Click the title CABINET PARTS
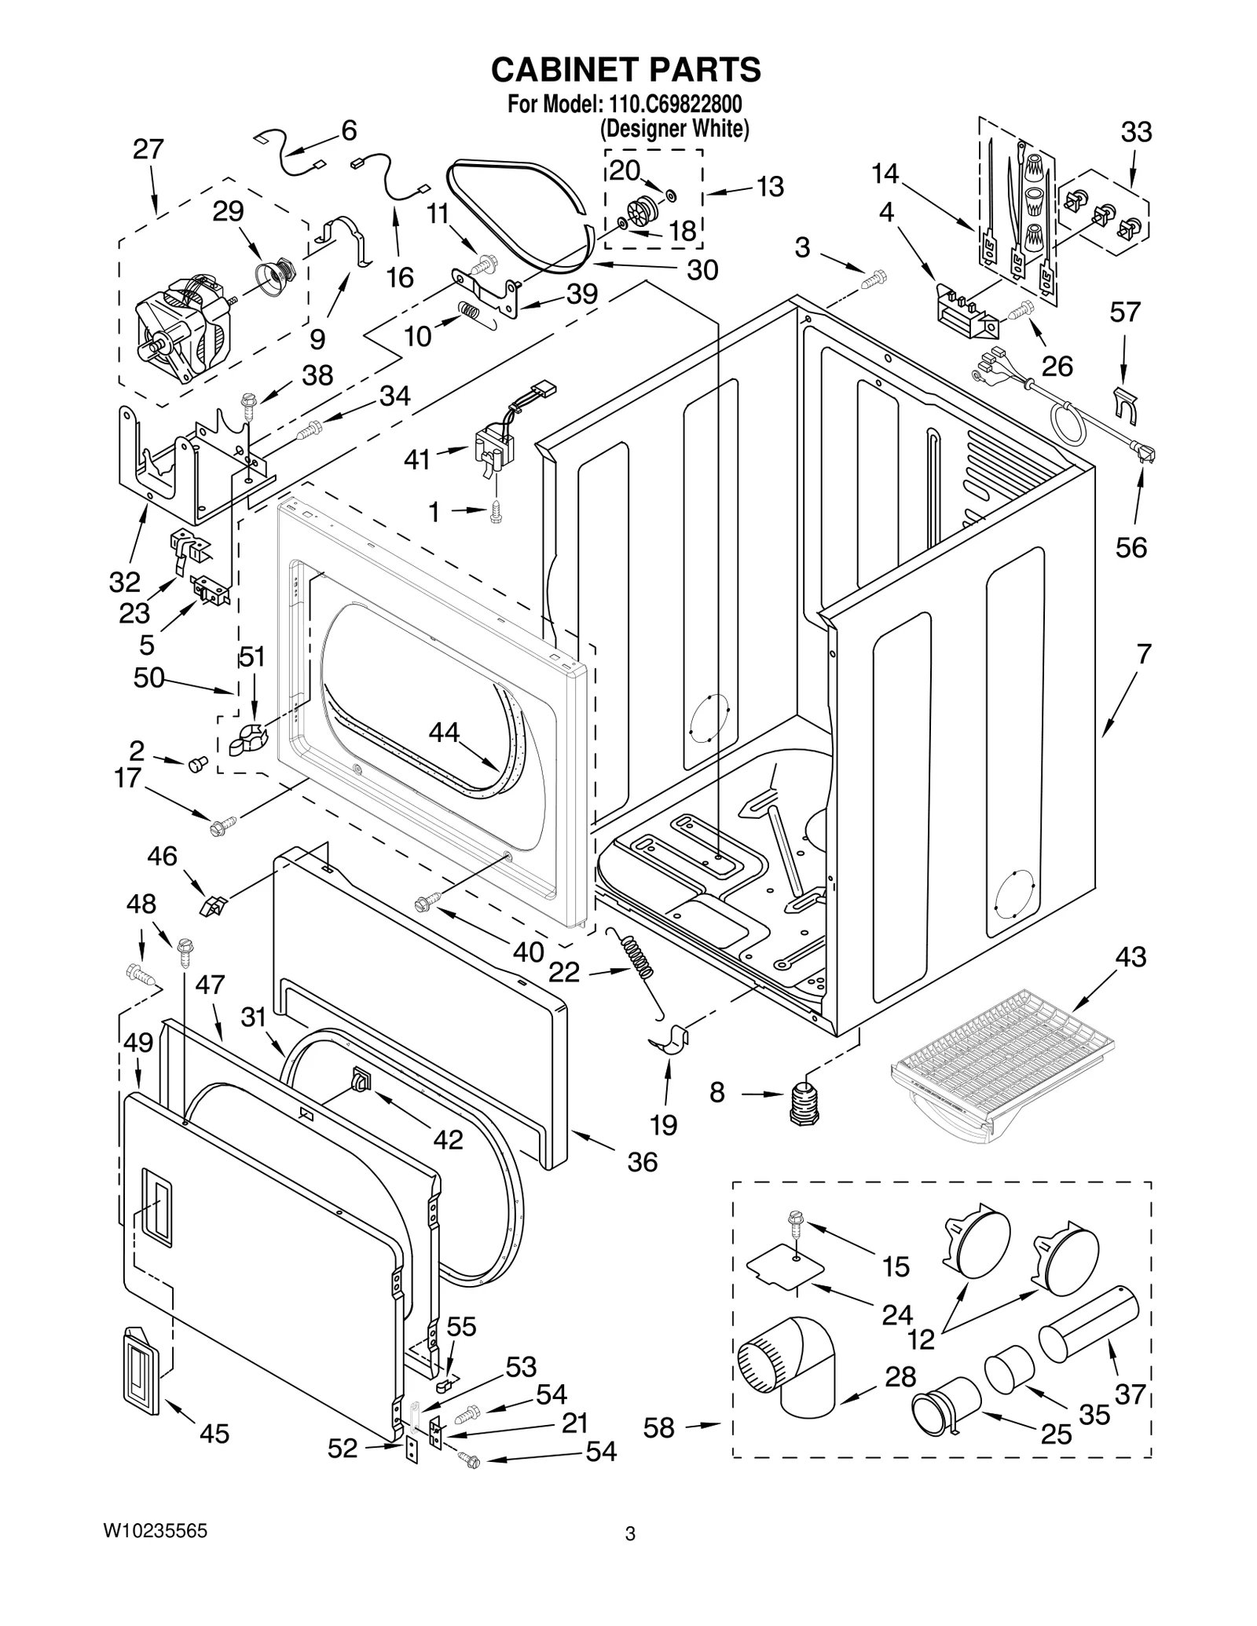coord(625,70)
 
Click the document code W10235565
coord(155,1530)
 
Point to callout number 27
coord(148,149)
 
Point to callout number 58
coord(658,1428)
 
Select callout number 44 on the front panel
coord(444,733)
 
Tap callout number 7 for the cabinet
coord(1143,653)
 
